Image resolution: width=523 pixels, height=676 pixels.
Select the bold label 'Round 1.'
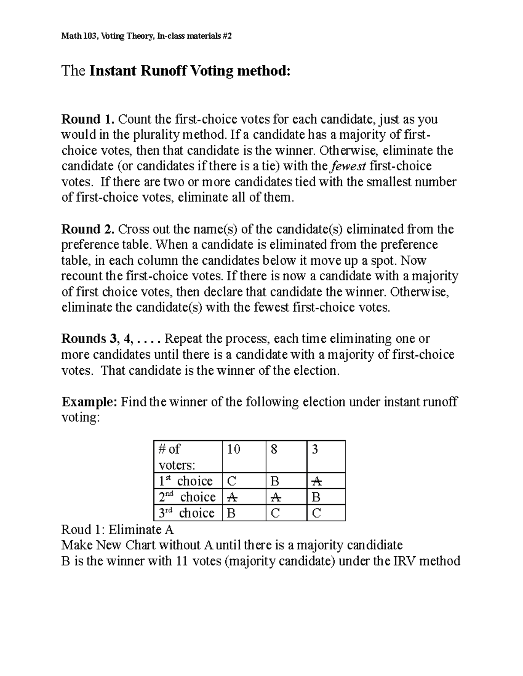88,119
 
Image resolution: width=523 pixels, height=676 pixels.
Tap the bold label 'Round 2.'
88,229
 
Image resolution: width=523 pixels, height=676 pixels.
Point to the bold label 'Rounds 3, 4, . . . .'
112,339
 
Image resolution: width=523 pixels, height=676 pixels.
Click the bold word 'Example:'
89,402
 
